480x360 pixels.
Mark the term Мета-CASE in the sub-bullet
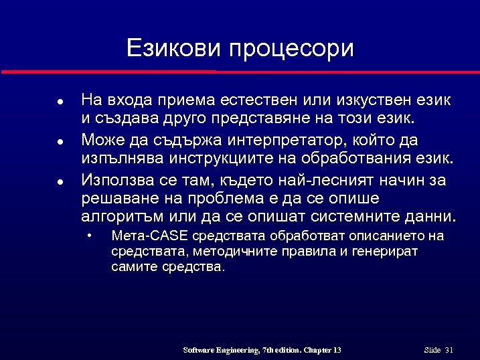(x=150, y=236)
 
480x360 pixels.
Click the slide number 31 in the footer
(x=449, y=350)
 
